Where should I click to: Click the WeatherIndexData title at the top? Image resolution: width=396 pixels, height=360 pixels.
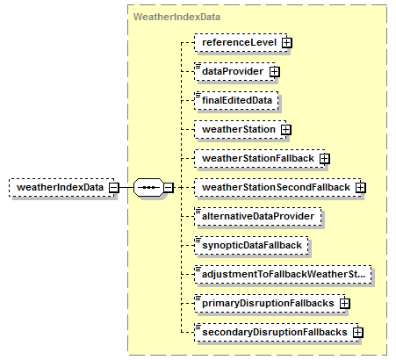pos(176,17)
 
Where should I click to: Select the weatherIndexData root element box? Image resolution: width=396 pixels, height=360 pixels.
pos(61,187)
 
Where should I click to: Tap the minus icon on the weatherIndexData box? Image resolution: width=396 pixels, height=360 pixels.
pos(114,188)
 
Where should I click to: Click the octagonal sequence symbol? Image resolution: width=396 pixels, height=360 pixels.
pos(148,187)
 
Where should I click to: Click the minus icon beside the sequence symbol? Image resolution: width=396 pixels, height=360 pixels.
pos(169,188)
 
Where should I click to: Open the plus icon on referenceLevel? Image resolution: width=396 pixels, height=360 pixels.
pos(287,43)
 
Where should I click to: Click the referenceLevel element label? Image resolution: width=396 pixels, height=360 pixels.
pos(239,43)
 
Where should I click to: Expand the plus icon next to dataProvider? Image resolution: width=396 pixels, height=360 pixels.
pos(275,72)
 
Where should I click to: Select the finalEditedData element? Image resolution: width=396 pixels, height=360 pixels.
pos(236,101)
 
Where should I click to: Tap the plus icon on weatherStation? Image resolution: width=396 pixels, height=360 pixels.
pos(286,130)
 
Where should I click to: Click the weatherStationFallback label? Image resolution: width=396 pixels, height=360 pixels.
pos(258,158)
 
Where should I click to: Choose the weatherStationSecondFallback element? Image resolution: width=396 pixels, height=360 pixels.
pos(277,187)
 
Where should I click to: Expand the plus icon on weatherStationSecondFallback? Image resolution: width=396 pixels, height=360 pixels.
pos(361,188)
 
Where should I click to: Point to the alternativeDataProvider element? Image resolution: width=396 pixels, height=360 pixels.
pos(258,217)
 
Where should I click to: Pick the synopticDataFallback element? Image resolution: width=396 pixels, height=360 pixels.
pos(251,246)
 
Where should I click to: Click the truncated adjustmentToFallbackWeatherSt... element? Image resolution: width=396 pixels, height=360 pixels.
pos(283,275)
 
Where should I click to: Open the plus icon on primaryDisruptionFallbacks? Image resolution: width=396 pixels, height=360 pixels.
pos(345,304)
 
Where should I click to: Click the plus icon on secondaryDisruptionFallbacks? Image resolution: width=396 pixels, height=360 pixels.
pos(358,333)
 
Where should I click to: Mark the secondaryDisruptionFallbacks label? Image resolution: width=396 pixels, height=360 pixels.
pos(275,332)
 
